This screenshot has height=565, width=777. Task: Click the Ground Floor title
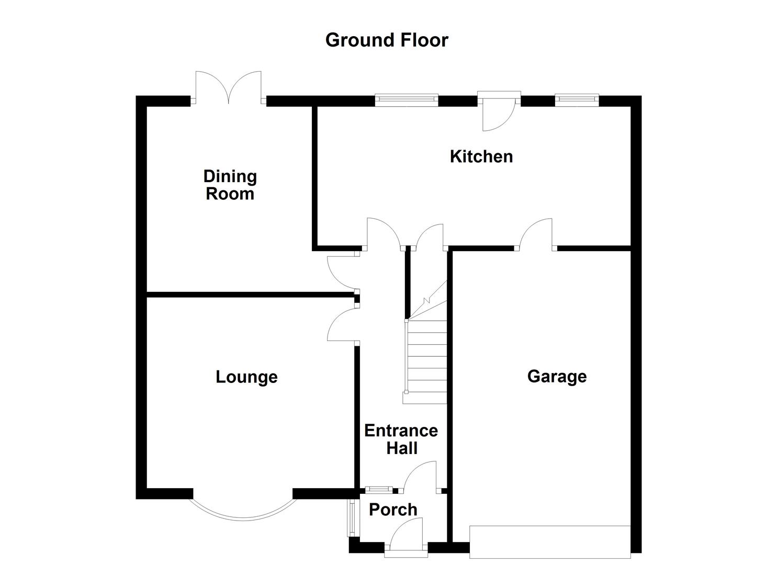pyautogui.click(x=387, y=40)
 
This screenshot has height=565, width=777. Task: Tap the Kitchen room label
pyautogui.click(x=481, y=156)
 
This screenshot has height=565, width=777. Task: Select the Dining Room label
pyautogui.click(x=230, y=185)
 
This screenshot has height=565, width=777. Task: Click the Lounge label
pyautogui.click(x=246, y=377)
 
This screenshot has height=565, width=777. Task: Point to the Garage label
pyautogui.click(x=557, y=376)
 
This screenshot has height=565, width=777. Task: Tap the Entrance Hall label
pyautogui.click(x=401, y=439)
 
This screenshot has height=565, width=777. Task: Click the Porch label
pyautogui.click(x=393, y=510)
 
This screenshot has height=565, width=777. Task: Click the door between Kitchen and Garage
pyautogui.click(x=536, y=235)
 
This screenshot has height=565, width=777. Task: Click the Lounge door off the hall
pyautogui.click(x=342, y=325)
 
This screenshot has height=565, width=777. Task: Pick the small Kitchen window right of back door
pyautogui.click(x=577, y=98)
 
